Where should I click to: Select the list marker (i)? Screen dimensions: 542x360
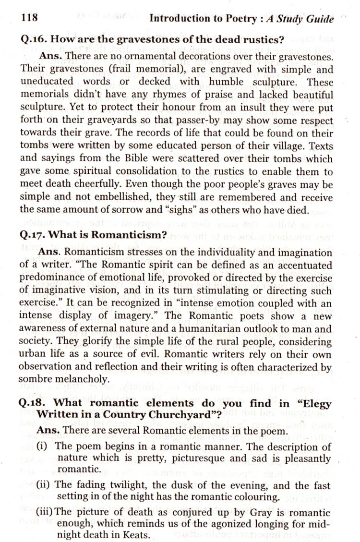[43, 446]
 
